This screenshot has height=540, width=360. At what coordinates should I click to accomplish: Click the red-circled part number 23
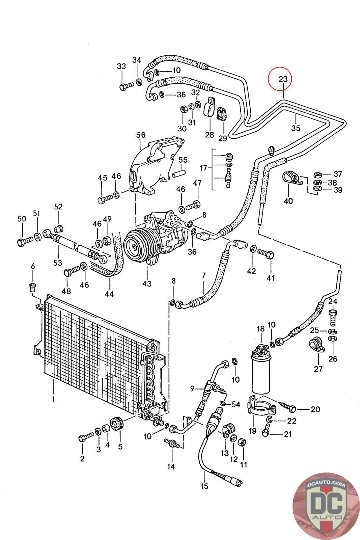pos(283,79)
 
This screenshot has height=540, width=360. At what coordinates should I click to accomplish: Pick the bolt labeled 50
pos(24,242)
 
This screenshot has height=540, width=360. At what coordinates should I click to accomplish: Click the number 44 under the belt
pos(109,294)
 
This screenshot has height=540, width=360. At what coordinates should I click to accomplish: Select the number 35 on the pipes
pos(296,128)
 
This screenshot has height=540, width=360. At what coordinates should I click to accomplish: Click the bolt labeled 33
pos(124,87)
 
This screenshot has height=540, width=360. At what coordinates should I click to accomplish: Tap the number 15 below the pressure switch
pos(204,486)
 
